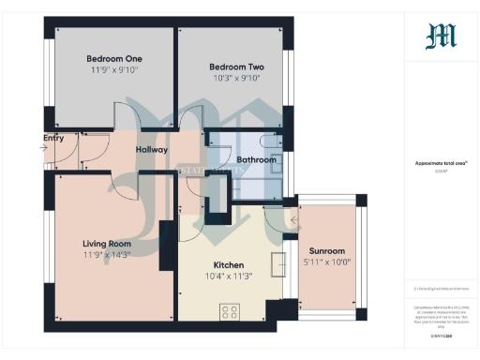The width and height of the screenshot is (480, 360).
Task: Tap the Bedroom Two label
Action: [235, 67]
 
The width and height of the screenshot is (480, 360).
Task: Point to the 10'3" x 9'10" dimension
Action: [235, 79]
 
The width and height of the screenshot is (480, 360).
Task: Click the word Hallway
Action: [151, 149]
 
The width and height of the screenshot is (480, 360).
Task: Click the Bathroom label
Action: [256, 160]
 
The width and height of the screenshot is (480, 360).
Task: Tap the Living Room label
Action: [107, 244]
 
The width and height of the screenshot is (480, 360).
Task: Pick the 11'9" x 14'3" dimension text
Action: [107, 255]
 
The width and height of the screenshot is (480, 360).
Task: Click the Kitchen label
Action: [229, 265]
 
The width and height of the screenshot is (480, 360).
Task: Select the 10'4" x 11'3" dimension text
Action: [229, 277]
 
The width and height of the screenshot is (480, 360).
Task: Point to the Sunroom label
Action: [327, 251]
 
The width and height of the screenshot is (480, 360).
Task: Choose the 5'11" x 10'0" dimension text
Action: [327, 262]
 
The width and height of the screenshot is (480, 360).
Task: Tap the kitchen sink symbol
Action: [279, 265]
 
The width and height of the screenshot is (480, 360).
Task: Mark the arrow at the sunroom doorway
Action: [294, 221]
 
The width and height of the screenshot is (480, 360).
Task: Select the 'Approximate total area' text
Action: [441, 163]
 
